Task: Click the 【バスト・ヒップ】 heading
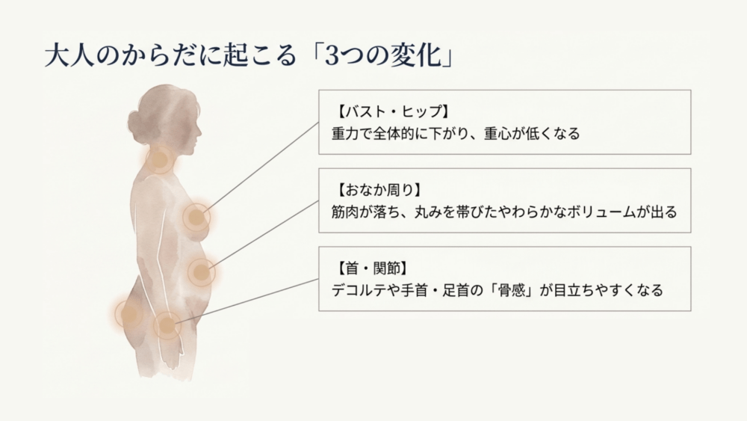pos(392,111)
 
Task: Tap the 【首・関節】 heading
pos(371,268)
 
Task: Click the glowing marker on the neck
pos(159,159)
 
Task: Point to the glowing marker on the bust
pos(196,218)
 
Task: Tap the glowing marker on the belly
pos(202,272)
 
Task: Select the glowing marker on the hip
pos(128,314)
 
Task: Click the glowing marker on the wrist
pos(167,325)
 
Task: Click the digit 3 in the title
pos(332,56)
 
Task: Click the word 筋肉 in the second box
pos(345,212)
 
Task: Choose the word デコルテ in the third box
pos(359,290)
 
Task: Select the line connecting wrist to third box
pos(247,301)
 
